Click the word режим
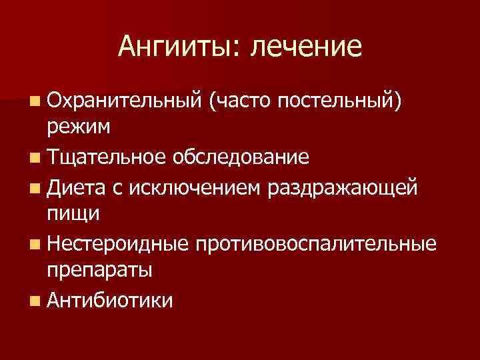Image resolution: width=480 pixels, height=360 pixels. point(79,127)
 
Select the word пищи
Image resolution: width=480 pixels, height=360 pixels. point(73,215)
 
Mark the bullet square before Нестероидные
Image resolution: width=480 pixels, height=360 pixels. point(34,244)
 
